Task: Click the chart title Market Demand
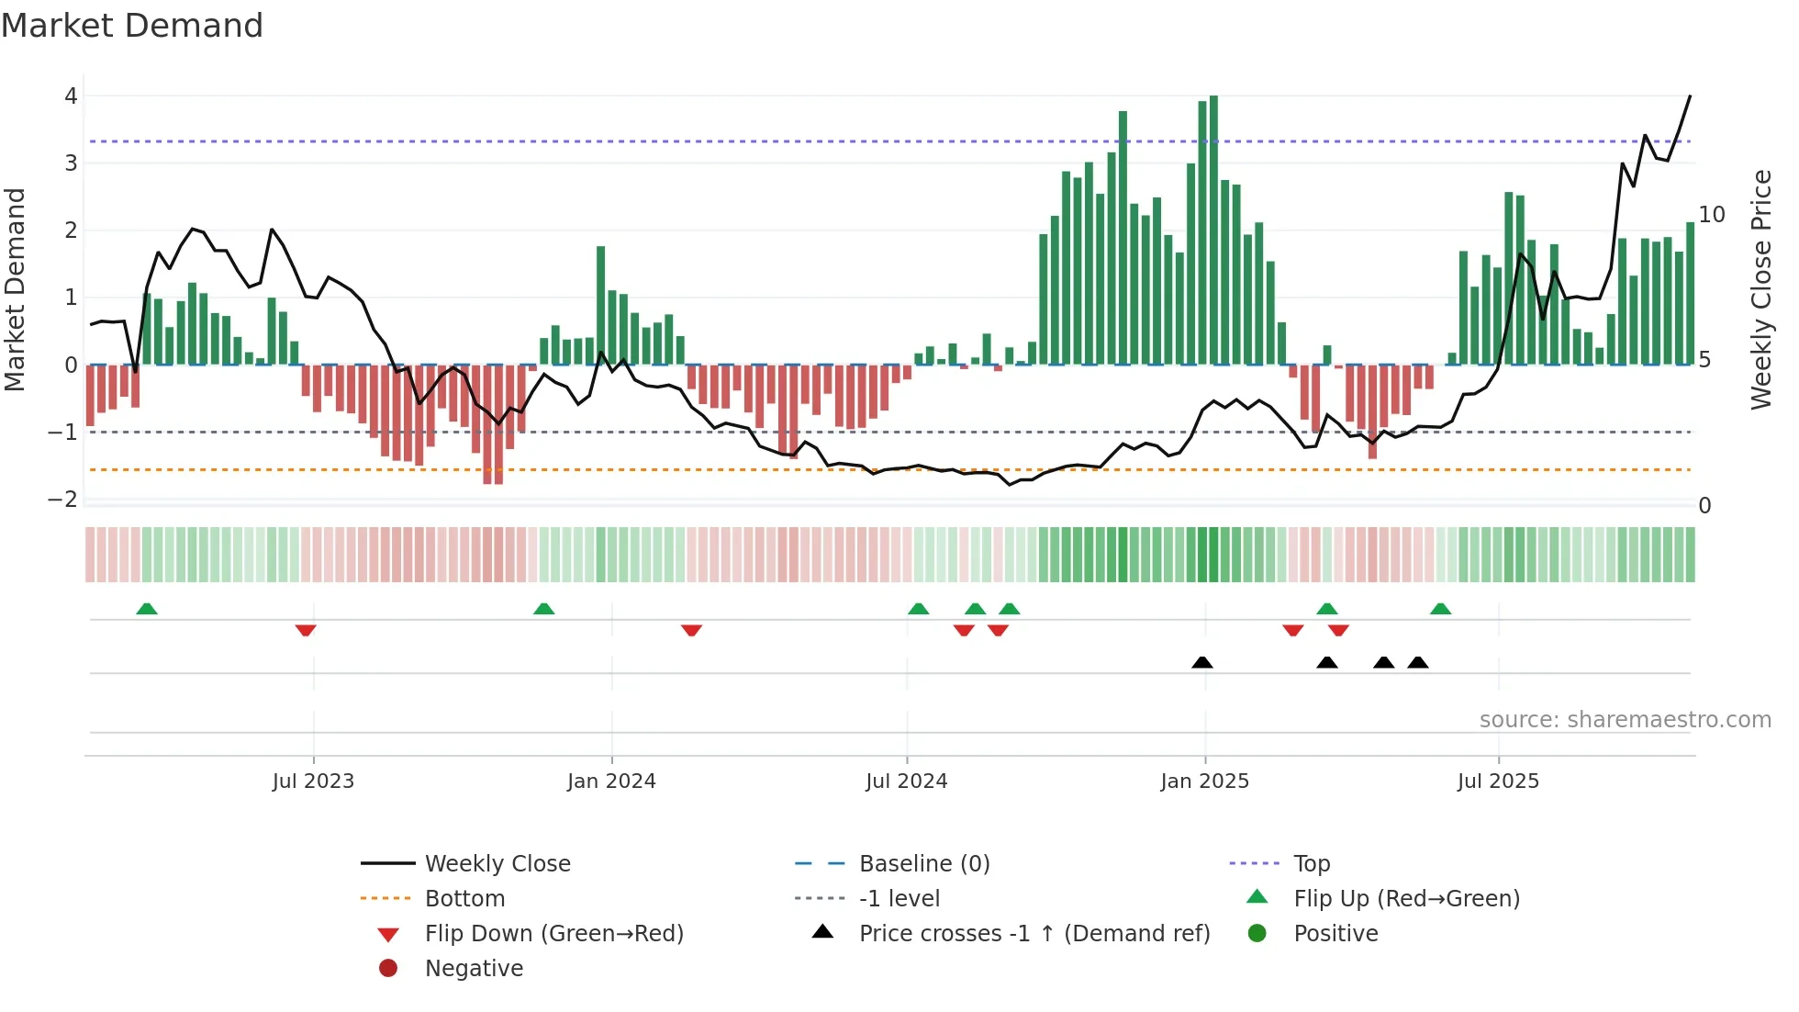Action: tap(132, 26)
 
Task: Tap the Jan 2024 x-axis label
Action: tap(611, 781)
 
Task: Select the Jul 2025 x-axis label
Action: tap(1498, 781)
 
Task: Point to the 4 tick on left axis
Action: tap(71, 96)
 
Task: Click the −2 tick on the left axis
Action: tap(63, 500)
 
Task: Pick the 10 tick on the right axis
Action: tap(1712, 215)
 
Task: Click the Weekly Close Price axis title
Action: tap(1760, 289)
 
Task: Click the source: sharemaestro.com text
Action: tap(1625, 720)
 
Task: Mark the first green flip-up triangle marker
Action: tap(147, 609)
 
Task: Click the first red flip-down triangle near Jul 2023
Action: tap(306, 630)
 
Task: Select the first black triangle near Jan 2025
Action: tap(1201, 662)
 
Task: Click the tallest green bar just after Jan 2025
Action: tap(1213, 230)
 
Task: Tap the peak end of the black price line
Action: tap(1690, 96)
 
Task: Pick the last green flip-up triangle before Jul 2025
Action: tap(1440, 609)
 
